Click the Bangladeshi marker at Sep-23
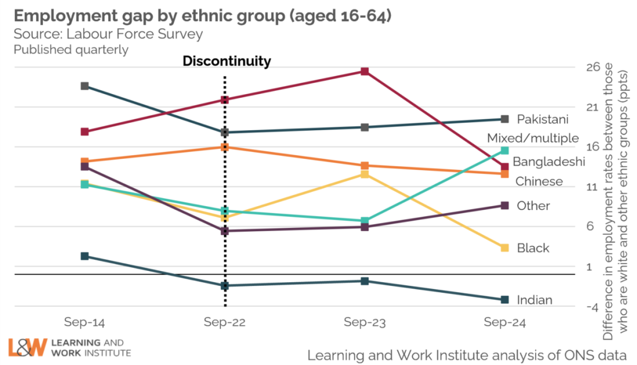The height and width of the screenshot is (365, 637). pos(365,72)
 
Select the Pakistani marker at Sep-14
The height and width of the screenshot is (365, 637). pos(85,86)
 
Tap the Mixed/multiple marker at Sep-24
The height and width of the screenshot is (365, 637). pos(504,151)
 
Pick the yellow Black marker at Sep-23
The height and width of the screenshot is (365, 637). pos(365,174)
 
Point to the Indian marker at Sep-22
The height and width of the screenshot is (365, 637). pos(225,286)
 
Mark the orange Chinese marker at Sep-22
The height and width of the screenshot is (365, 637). pos(225,147)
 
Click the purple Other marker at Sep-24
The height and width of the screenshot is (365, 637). pos(504,206)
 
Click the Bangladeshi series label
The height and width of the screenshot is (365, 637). pos(549,162)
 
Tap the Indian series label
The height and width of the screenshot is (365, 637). pos(534,300)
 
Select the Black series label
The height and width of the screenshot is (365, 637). pos(533,248)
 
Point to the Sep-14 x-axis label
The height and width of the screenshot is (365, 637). pos(85,323)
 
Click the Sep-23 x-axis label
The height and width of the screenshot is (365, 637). pos(365,323)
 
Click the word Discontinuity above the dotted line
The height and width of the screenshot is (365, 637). pos(226,61)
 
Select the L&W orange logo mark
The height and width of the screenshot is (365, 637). pos(27,348)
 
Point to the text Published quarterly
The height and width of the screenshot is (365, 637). pos(71,49)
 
